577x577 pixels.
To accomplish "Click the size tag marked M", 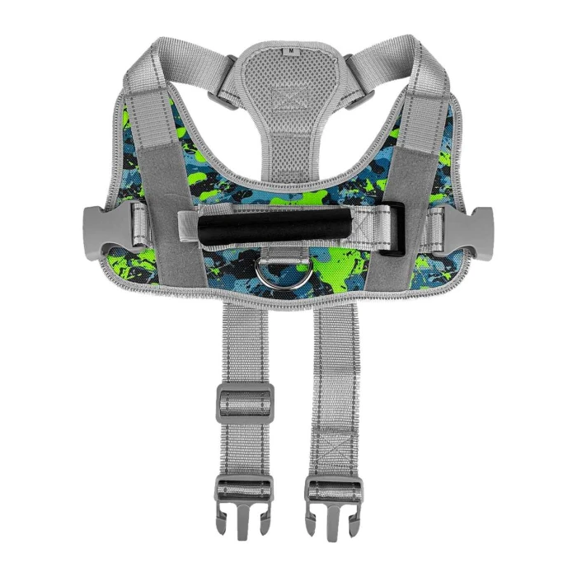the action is pyautogui.click(x=292, y=51).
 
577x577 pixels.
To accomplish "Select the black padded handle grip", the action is pyautogui.click(x=275, y=231).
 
